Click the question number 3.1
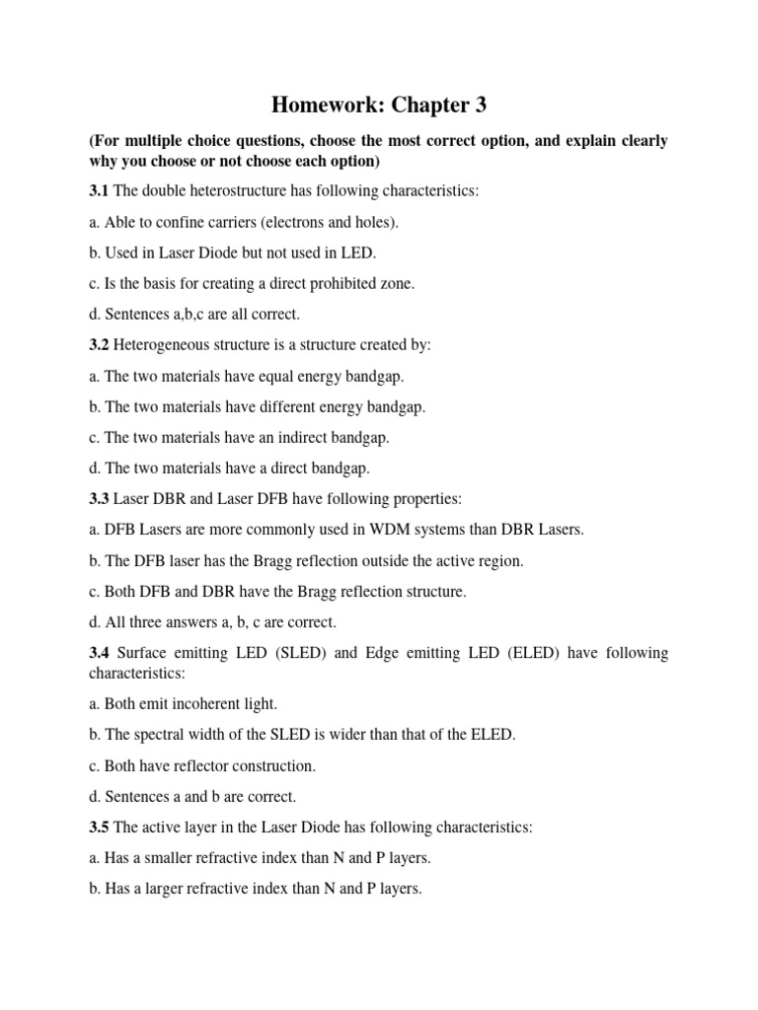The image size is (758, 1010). click(100, 191)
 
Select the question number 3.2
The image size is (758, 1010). click(100, 345)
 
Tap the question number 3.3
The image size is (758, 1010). click(100, 499)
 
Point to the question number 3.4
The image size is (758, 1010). click(100, 653)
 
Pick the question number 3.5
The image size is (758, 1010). click(100, 827)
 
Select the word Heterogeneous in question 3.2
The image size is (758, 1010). click(164, 345)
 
